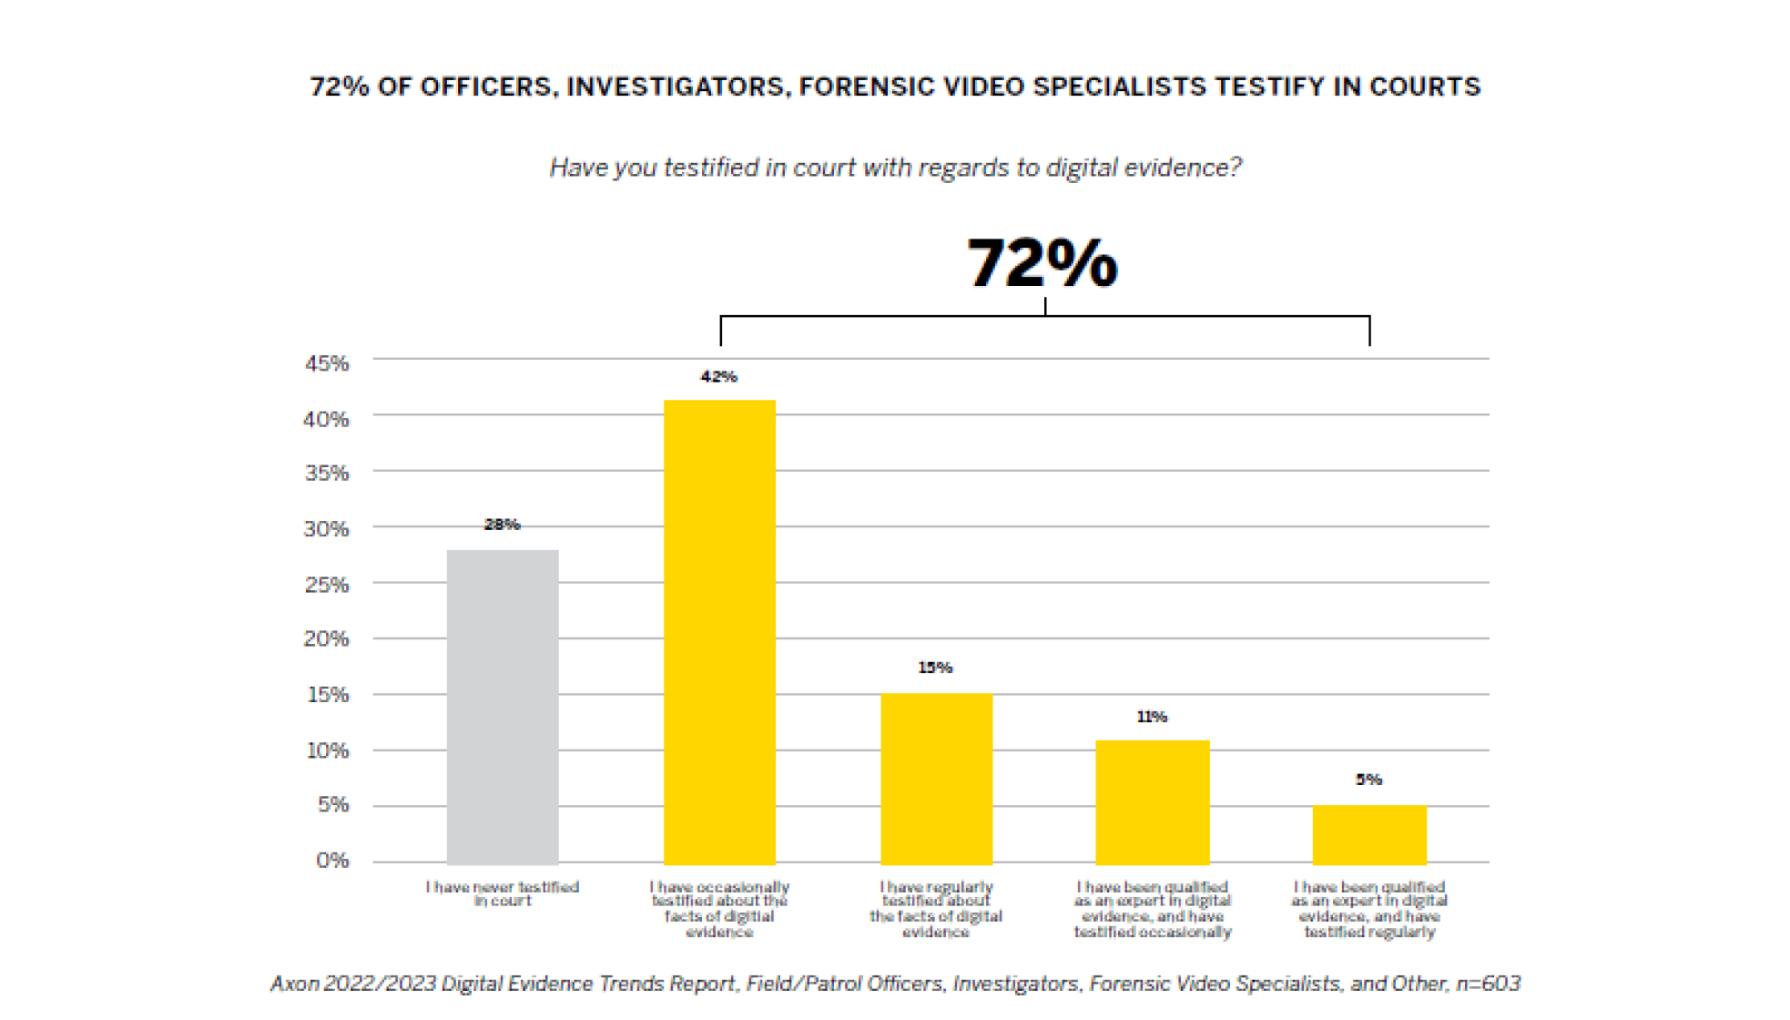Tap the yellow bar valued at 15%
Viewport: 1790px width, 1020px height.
click(936, 779)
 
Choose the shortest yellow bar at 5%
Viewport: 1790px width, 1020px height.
click(1369, 834)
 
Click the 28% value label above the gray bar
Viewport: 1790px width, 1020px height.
click(502, 525)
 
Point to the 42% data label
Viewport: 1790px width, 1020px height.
click(718, 377)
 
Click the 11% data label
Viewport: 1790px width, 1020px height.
click(1152, 718)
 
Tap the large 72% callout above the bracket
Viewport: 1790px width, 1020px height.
click(1042, 263)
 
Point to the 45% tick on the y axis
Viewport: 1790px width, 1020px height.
click(327, 364)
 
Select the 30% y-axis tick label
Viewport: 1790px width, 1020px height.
click(327, 529)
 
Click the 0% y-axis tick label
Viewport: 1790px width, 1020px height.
click(332, 861)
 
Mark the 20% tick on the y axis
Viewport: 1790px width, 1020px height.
click(327, 639)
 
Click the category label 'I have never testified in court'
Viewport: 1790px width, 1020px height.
click(503, 893)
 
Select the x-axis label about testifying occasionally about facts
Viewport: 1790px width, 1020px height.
click(719, 909)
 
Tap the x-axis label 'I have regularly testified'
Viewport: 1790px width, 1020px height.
click(936, 909)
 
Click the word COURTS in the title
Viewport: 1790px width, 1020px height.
click(1425, 87)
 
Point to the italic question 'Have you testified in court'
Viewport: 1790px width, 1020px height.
click(895, 168)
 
